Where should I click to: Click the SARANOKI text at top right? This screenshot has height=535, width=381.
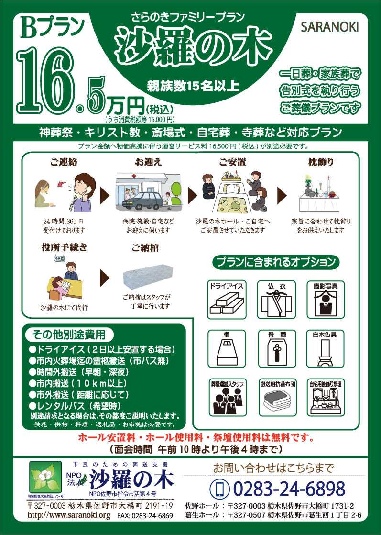pyautogui.click(x=329, y=27)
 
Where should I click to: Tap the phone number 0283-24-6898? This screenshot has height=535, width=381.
pyautogui.click(x=289, y=489)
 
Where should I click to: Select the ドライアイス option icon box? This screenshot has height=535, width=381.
pyautogui.click(x=227, y=299)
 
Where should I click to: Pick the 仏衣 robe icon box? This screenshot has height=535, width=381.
pyautogui.click(x=276, y=299)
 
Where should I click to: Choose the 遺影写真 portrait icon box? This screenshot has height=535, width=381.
pyautogui.click(x=326, y=299)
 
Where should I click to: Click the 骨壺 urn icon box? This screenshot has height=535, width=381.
pyautogui.click(x=277, y=348)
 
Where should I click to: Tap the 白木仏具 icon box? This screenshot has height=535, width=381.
pyautogui.click(x=325, y=348)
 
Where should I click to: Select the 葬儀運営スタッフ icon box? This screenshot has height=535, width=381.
pyautogui.click(x=227, y=397)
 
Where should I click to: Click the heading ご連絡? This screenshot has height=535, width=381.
pyautogui.click(x=64, y=162)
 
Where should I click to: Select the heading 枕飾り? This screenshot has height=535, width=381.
pyautogui.click(x=321, y=162)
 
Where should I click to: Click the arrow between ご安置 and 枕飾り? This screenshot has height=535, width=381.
pyautogui.click(x=282, y=195)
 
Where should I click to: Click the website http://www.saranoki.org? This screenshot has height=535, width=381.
pyautogui.click(x=69, y=515)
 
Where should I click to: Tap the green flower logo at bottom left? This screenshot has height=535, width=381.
pyautogui.click(x=45, y=477)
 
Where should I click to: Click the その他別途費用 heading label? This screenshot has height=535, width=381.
pyautogui.click(x=69, y=334)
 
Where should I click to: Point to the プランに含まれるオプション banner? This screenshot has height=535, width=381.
pyautogui.click(x=276, y=262)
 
